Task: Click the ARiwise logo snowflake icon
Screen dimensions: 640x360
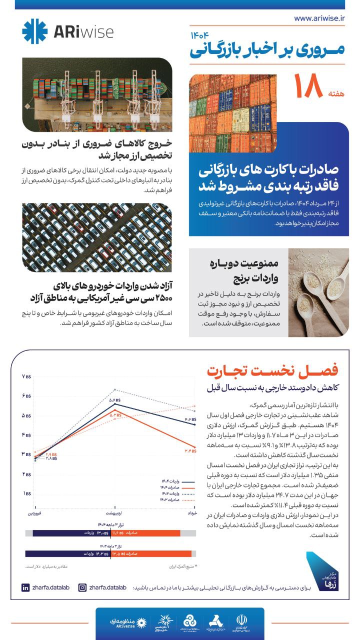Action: pos(35,31)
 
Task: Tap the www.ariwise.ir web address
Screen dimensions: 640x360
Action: pos(320,18)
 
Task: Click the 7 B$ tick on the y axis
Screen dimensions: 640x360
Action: pos(26,376)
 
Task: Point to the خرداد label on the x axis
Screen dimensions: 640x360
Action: pos(191,513)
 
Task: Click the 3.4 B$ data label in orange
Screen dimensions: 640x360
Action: pos(190,451)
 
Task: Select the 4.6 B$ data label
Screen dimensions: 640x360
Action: pos(190,419)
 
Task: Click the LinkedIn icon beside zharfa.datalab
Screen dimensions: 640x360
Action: pos(25,588)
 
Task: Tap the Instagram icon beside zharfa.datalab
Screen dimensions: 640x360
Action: pos(82,588)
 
